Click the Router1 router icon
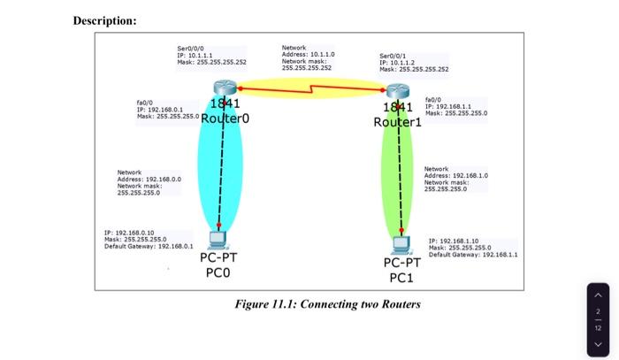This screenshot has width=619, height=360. (399, 90)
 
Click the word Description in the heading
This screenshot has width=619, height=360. (103, 20)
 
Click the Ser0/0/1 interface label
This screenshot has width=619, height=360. (394, 56)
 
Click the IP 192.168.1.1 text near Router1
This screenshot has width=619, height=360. (455, 106)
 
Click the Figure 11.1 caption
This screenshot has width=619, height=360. (327, 304)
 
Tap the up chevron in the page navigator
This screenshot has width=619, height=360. (598, 295)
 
